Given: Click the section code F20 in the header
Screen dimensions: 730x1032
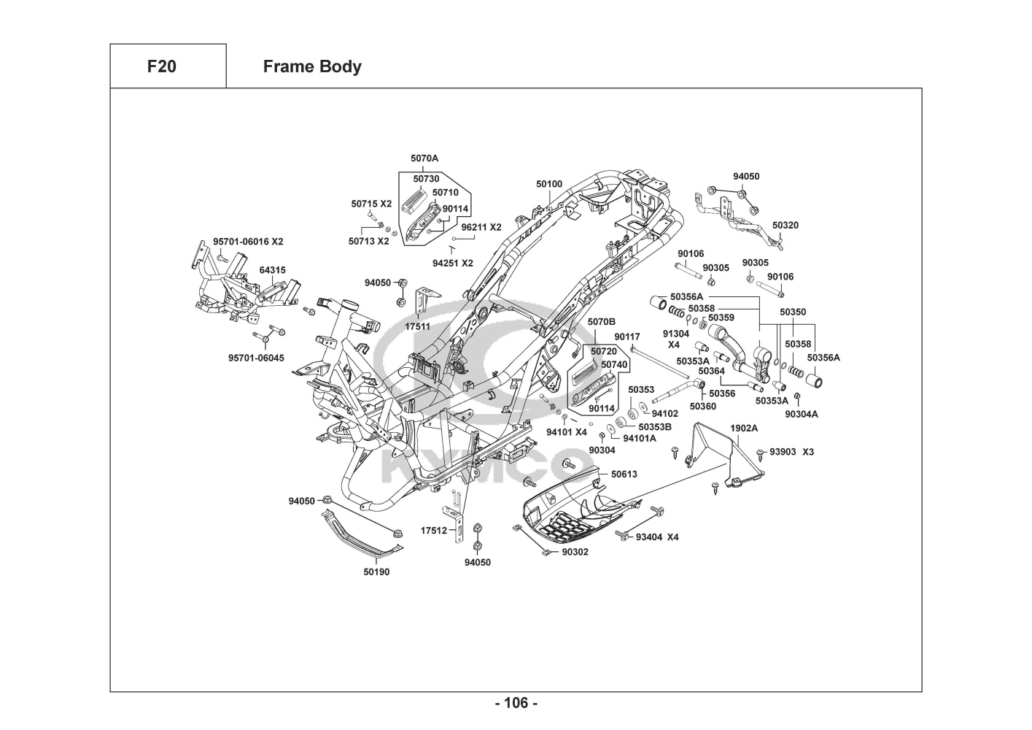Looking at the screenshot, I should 161,66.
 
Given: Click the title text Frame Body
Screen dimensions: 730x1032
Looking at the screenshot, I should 312,66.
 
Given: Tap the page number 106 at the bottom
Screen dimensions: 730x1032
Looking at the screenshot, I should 516,703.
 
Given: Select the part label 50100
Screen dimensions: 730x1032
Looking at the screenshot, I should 549,184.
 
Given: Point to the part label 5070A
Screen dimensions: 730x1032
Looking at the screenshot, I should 424,158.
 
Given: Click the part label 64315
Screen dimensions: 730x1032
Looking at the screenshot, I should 273,270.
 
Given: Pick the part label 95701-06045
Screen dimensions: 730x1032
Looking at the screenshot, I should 256,358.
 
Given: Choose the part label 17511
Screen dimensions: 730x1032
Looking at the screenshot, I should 418,326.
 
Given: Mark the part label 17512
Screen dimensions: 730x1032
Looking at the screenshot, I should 434,531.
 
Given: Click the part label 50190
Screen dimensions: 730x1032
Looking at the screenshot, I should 376,572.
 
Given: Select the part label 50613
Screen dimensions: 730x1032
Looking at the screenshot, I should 624,474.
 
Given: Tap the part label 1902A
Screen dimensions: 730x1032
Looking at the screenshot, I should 744,428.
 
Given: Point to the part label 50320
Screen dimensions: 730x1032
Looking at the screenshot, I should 785,226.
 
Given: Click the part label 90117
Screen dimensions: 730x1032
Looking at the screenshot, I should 626,337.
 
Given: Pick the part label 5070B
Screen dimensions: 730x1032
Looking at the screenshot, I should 602,321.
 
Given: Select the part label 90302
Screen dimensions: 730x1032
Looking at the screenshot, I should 575,552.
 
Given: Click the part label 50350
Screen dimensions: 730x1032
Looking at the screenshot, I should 793,312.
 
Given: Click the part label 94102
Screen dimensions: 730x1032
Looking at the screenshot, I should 664,413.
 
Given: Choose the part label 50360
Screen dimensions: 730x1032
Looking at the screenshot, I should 703,407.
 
